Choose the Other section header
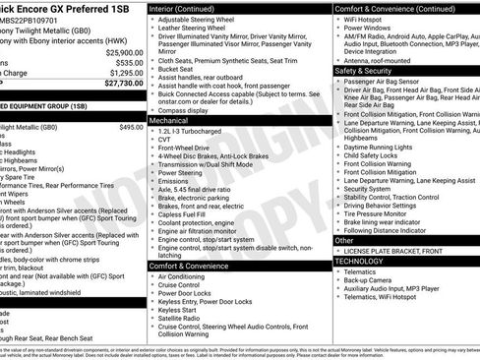click(x=344, y=240)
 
